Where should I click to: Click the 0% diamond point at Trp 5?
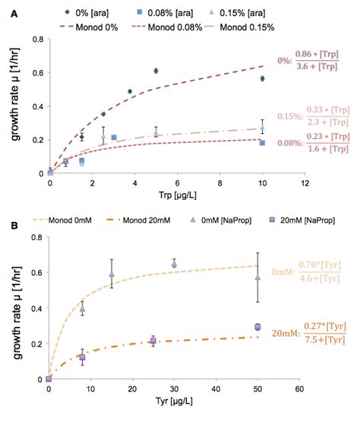[156, 71]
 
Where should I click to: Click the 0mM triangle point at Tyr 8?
[82, 309]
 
